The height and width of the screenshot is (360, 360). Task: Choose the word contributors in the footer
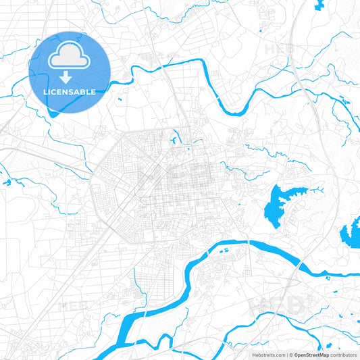(344, 355)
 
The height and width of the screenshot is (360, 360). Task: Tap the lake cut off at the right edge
(351, 234)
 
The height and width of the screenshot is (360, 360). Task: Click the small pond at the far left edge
(7, 182)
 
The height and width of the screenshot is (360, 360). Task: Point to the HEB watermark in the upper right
(278, 49)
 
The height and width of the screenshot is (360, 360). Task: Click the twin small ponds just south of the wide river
(226, 256)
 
